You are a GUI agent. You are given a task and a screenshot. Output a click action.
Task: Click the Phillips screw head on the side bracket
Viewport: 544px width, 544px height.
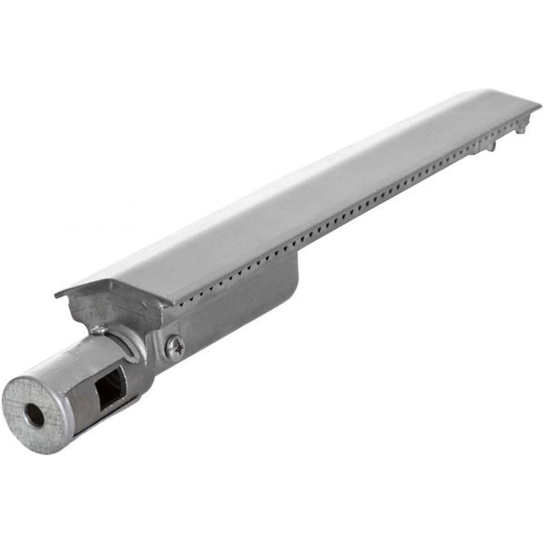(x=174, y=348)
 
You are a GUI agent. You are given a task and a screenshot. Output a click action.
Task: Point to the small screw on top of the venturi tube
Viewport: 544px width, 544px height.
(x=98, y=329)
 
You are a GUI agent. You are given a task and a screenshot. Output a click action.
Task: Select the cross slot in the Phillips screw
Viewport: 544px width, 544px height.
(x=174, y=348)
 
